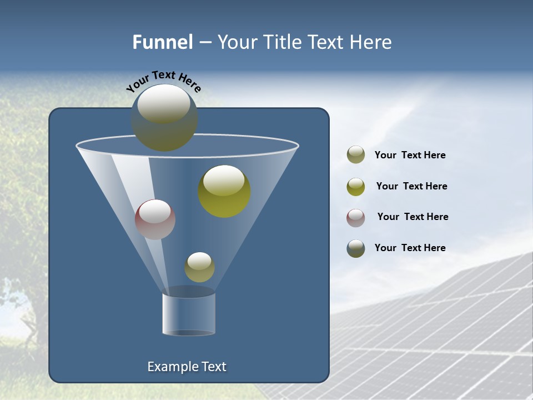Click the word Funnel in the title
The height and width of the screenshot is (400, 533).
click(163, 42)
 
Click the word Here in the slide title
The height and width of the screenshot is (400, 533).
click(371, 42)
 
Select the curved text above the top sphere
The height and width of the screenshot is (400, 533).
click(164, 82)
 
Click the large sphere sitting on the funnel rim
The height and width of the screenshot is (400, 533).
click(164, 118)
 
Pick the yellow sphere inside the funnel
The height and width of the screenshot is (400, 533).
click(224, 192)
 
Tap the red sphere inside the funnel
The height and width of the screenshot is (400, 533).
click(155, 219)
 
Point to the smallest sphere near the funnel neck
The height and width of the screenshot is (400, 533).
click(199, 267)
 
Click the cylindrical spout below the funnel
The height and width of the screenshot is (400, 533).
click(189, 314)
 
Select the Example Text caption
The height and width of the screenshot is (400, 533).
click(187, 367)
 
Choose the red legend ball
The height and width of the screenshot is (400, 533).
click(356, 218)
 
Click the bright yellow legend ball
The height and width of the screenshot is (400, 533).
click(356, 187)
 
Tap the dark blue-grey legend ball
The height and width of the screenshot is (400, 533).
click(356, 248)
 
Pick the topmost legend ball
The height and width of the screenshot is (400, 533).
click(356, 155)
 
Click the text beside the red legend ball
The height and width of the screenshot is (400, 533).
click(413, 217)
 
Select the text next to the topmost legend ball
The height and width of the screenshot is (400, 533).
click(410, 155)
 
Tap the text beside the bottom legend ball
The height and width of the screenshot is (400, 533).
click(410, 248)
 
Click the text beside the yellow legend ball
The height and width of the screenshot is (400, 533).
click(411, 186)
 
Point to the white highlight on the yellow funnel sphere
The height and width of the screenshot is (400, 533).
click(224, 180)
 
